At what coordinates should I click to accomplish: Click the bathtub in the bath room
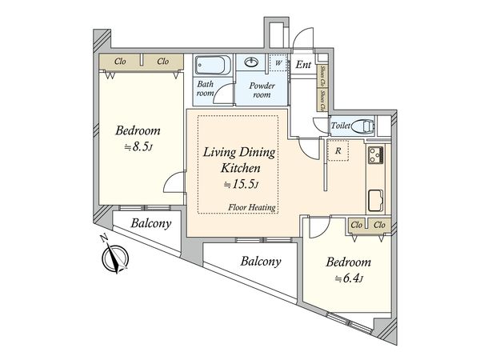213,65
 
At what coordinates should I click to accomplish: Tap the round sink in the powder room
251,62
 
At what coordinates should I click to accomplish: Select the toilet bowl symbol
363,126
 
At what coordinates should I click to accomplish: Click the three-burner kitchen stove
376,155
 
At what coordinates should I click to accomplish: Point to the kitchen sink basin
376,201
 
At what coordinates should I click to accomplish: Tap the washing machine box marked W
278,62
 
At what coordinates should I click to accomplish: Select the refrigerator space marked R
338,150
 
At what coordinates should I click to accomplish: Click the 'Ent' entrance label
303,65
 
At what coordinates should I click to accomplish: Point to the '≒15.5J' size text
242,184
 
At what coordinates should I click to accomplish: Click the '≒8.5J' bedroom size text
138,147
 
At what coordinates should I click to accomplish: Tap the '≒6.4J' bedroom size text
348,279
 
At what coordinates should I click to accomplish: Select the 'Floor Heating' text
252,207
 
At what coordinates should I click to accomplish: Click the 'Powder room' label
262,90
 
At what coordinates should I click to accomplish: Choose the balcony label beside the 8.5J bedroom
151,223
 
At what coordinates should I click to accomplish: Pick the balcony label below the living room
261,262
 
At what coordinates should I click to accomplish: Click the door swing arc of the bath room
223,94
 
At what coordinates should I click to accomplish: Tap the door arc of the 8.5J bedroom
174,182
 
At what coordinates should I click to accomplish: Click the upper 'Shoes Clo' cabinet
322,76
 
